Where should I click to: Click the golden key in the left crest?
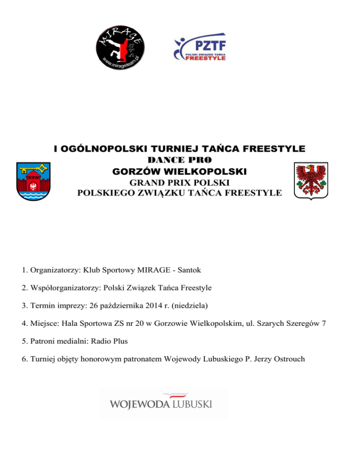click(34, 167)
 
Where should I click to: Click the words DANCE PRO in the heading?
click(180, 161)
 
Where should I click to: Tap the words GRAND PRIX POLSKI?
click(180, 182)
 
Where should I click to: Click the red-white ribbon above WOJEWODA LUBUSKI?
click(173, 396)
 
